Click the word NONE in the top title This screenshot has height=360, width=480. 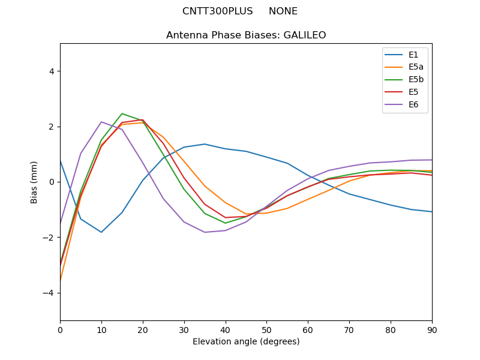coord(283,11)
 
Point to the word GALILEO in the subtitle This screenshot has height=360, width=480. coord(304,35)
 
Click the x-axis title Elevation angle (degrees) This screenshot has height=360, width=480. coord(246,341)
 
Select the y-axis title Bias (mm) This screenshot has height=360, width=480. coord(34,182)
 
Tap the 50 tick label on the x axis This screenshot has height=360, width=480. coord(266,329)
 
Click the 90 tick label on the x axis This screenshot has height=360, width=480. coord(432,329)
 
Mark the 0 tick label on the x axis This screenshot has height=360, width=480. coord(60,329)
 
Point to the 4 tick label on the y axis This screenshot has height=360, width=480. coord(52,71)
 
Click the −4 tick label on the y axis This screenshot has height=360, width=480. coord(49,293)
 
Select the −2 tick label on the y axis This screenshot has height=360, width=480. coord(49,238)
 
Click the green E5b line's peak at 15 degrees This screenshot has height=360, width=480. coord(122,113)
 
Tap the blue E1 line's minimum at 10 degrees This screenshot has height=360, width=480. coord(101,232)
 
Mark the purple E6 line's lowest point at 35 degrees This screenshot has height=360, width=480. coord(205,232)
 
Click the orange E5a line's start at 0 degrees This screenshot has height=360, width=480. coord(61,280)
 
